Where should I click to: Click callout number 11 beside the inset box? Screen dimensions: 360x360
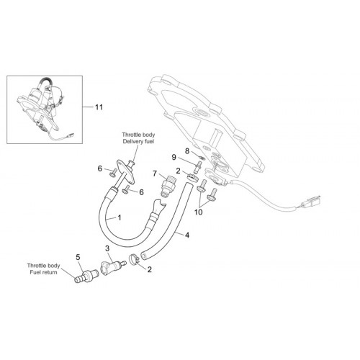pyautogui.click(x=99, y=107)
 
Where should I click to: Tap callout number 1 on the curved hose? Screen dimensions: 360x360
pyautogui.click(x=119, y=217)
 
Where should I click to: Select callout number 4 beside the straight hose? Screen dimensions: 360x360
pyautogui.click(x=187, y=235)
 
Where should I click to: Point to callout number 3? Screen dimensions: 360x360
pyautogui.click(x=107, y=248)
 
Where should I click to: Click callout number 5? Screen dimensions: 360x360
pyautogui.click(x=78, y=257)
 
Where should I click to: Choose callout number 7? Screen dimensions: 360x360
pyautogui.click(x=155, y=174)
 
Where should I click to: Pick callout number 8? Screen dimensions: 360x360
pyautogui.click(x=187, y=151)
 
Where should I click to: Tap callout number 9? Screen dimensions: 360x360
pyautogui.click(x=174, y=158)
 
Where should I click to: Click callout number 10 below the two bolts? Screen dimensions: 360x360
pyautogui.click(x=199, y=212)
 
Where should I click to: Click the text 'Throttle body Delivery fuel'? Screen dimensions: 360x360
pyautogui.click(x=138, y=138)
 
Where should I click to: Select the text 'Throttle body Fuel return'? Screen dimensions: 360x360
pyautogui.click(x=43, y=269)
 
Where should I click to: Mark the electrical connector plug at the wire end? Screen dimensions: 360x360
pyautogui.click(x=312, y=202)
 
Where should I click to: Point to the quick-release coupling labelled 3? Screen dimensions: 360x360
pyautogui.click(x=112, y=267)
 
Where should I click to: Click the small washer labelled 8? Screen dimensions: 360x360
pyautogui.click(x=202, y=158)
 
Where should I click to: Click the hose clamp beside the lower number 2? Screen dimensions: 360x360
pyautogui.click(x=135, y=260)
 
